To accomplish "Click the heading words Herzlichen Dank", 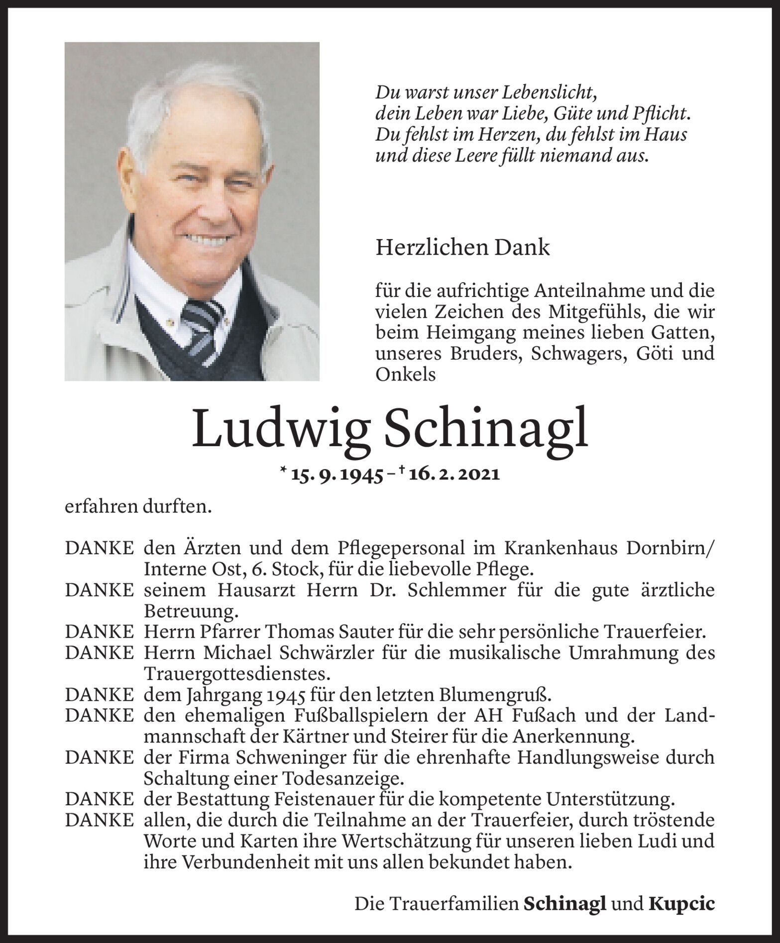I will (x=462, y=248).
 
